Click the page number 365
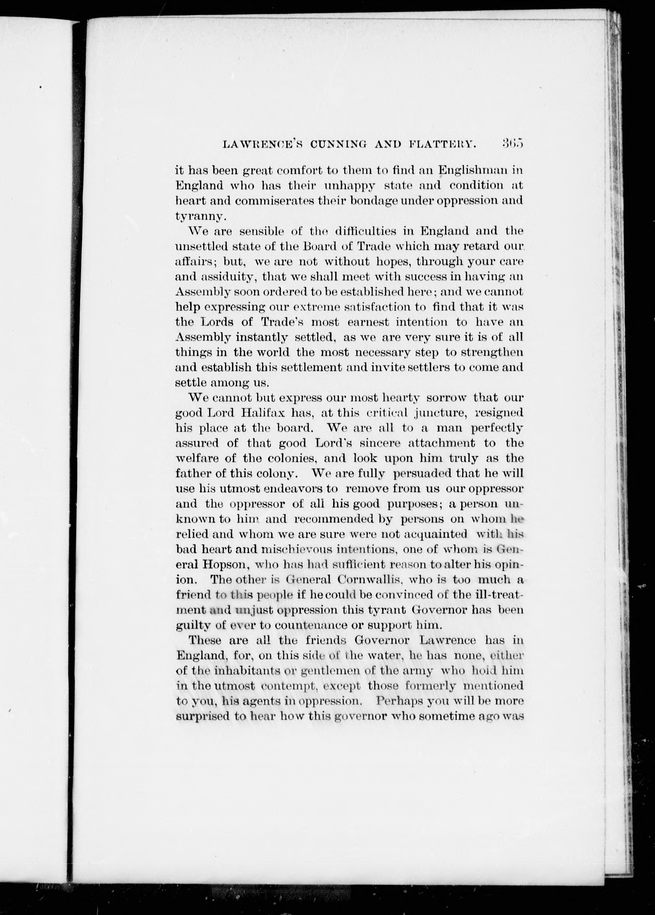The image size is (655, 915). (512, 144)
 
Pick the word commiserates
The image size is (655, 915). (274, 201)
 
